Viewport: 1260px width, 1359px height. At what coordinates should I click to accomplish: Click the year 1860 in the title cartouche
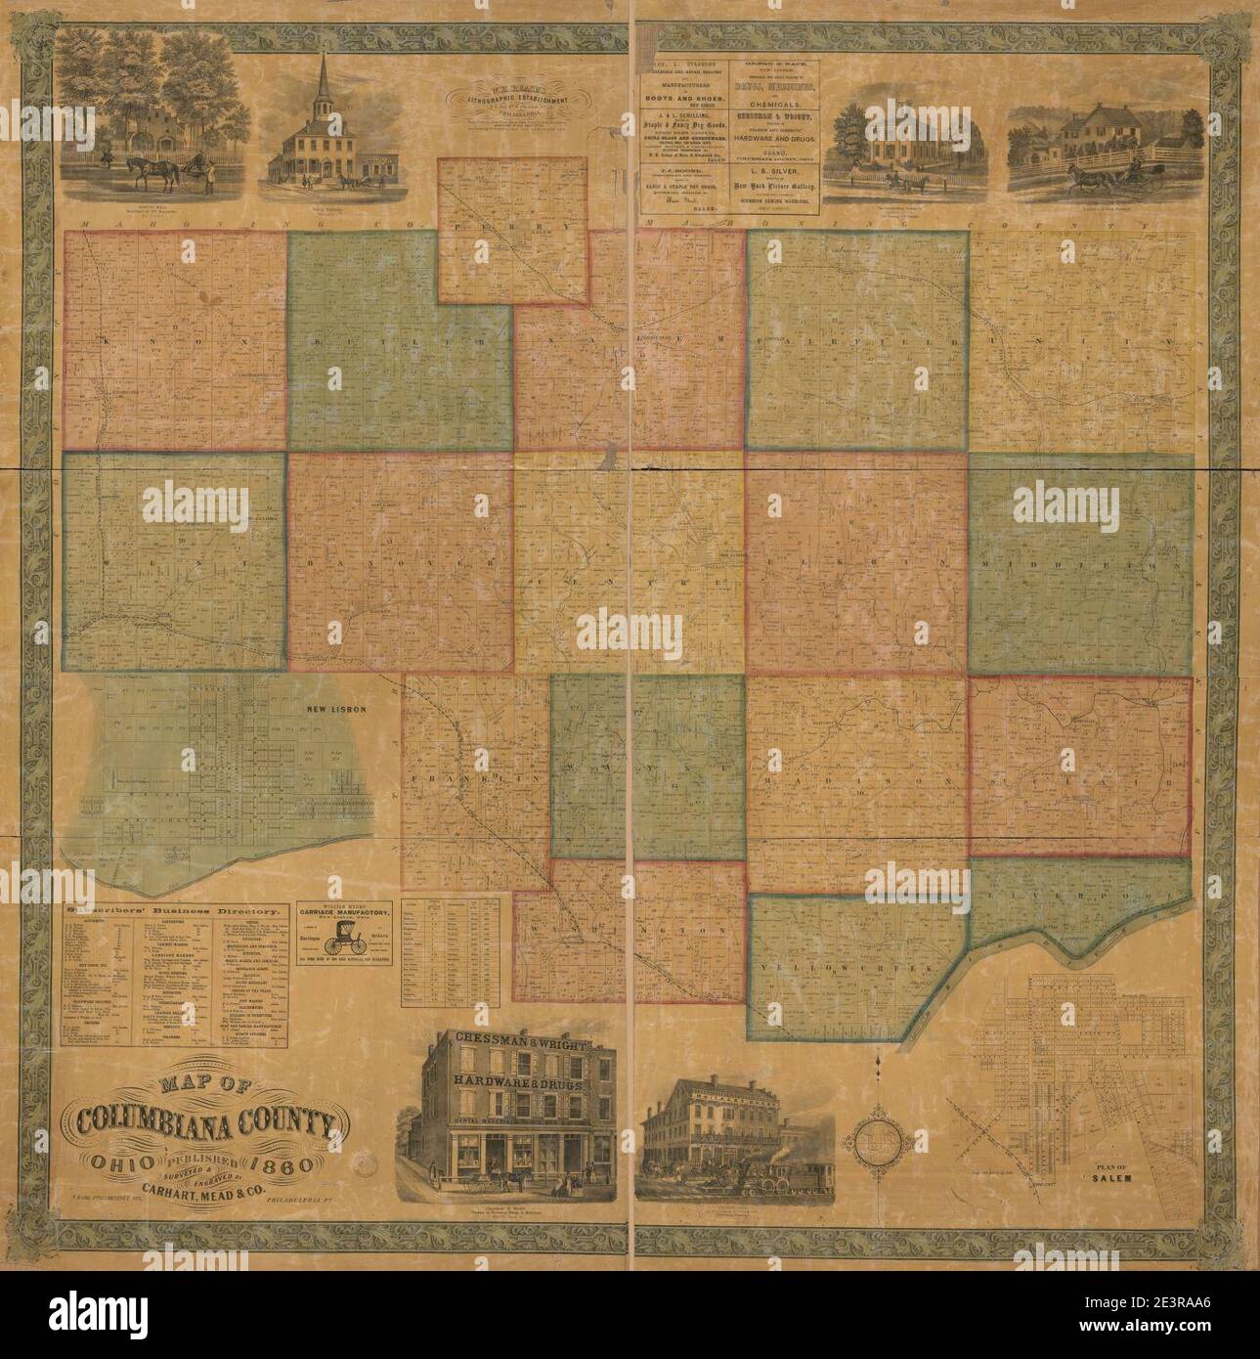280,1165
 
